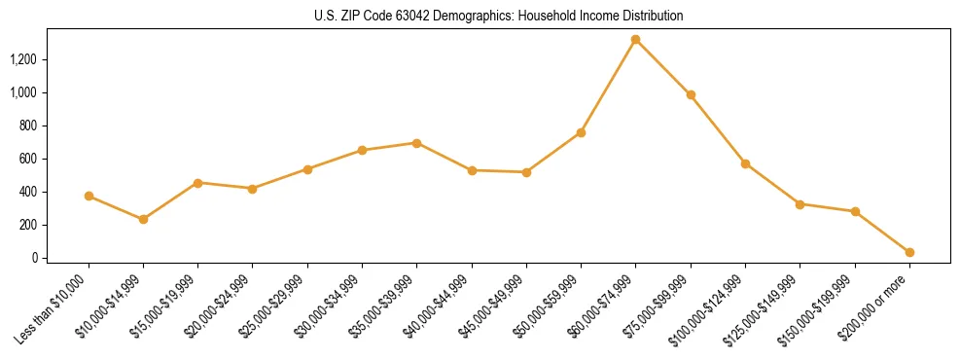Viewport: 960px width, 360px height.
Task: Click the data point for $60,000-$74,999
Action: [x=635, y=40]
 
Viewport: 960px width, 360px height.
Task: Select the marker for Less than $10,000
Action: [x=89, y=196]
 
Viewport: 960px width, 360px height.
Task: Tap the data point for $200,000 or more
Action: [x=909, y=252]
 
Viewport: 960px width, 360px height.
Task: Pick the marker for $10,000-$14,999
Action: [x=143, y=219]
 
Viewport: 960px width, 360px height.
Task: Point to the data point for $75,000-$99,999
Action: [x=691, y=95]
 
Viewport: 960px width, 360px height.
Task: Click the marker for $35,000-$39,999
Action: [x=416, y=143]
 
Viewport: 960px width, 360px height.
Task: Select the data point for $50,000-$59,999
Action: [x=581, y=132]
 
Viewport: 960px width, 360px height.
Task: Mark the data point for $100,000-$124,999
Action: [x=745, y=163]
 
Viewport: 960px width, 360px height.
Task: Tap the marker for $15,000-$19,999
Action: [x=197, y=183]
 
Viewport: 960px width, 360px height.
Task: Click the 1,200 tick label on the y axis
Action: [x=22, y=59]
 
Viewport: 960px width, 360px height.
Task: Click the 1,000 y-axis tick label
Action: [x=22, y=92]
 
